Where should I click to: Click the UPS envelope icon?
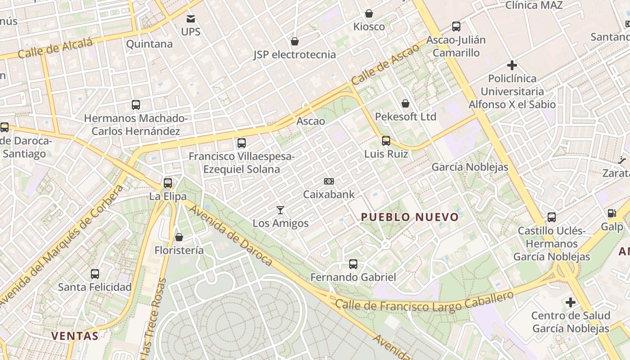tap(191, 19)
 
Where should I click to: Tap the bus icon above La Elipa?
tap(168, 183)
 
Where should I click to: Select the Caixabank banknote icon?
tap(329, 181)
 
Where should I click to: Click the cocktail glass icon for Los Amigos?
tap(280, 210)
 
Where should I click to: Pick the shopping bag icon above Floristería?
tap(179, 237)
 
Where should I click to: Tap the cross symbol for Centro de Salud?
tap(571, 302)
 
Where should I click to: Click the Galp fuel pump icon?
tap(612, 213)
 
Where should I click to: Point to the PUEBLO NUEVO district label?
tap(410, 217)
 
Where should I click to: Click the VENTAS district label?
tap(75, 336)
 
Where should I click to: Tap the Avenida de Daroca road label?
tap(230, 235)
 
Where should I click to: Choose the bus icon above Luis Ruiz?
tap(386, 141)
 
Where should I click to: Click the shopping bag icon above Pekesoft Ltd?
tap(405, 103)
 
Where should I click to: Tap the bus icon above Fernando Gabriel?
tap(353, 264)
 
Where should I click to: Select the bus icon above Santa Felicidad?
tap(95, 274)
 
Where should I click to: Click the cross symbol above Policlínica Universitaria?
tap(512, 65)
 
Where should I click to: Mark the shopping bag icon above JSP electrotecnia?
tap(295, 41)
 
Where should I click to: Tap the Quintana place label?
tap(149, 44)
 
